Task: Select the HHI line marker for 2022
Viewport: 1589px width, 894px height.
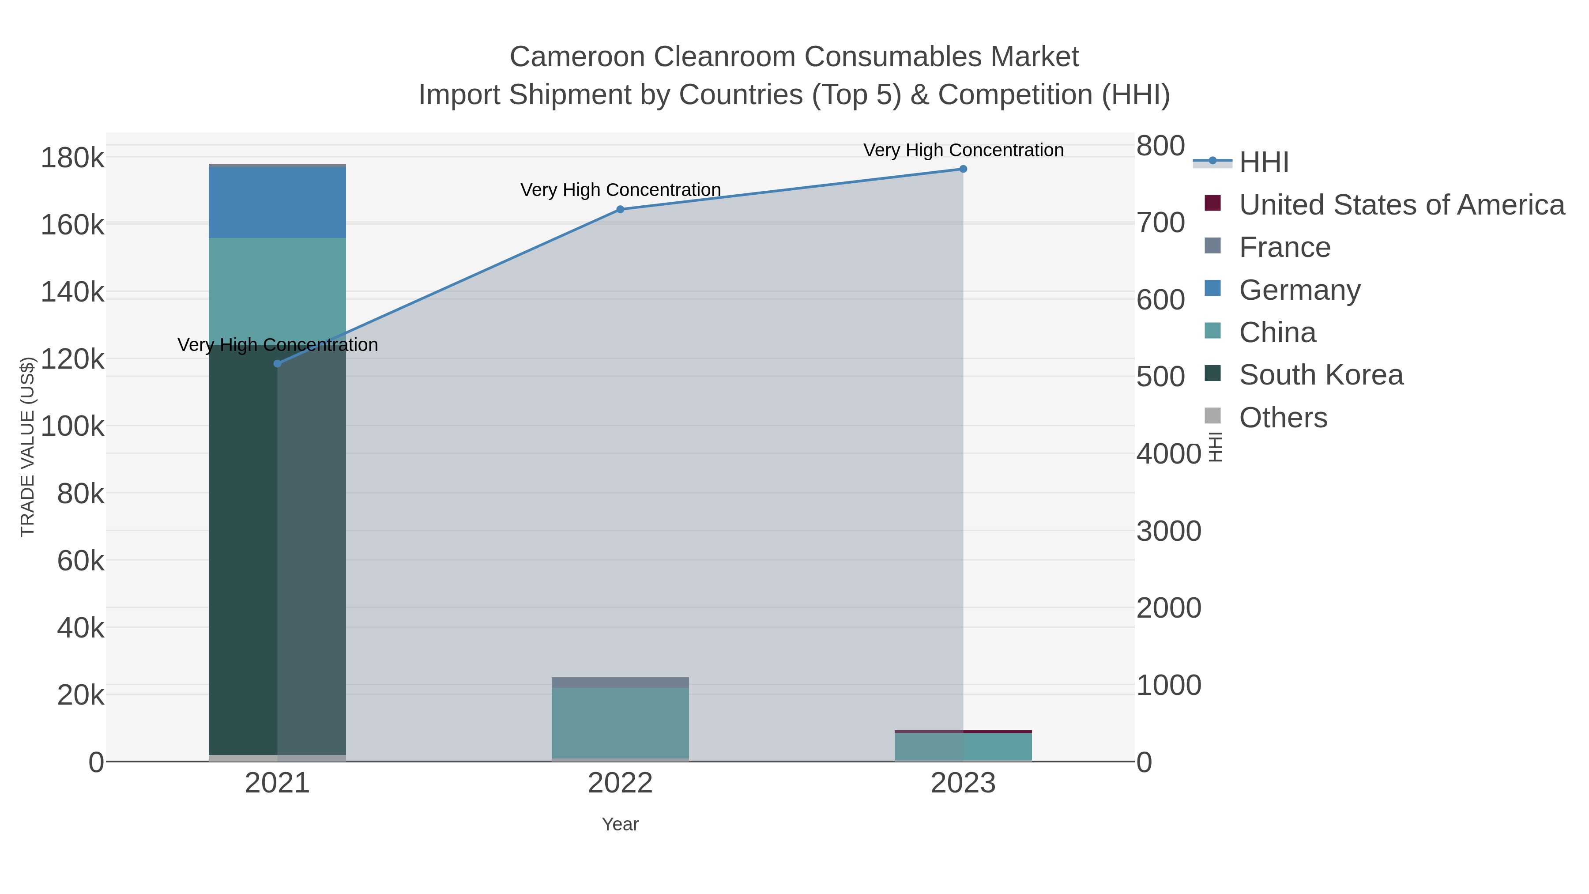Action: [620, 210]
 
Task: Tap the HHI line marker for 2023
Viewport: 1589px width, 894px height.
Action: [963, 169]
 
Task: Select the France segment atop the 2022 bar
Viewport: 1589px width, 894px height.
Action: [620, 683]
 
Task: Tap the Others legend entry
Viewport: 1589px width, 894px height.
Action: [1283, 418]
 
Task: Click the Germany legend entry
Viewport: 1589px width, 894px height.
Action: [1299, 290]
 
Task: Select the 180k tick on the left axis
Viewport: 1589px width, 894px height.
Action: [72, 158]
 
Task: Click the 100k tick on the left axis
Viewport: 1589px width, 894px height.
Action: [72, 426]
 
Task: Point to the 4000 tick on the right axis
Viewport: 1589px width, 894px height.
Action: [1168, 454]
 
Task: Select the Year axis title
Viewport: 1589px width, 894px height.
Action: [620, 824]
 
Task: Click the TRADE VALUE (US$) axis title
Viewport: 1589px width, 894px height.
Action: [28, 447]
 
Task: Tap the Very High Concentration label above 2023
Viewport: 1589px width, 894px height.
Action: [963, 151]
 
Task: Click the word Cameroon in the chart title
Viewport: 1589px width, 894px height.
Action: [577, 57]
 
